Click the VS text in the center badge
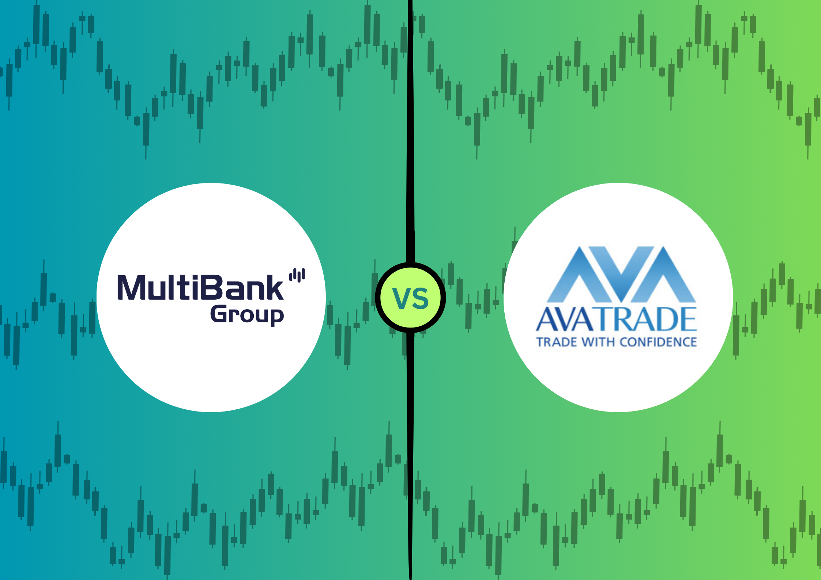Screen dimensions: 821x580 [x=410, y=298]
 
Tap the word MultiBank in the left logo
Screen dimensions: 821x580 [x=200, y=287]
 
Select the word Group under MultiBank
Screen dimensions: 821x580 [x=247, y=315]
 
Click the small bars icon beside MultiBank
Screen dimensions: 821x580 [x=297, y=276]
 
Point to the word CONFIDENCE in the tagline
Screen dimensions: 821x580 [x=658, y=342]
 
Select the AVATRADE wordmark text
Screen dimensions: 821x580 [x=617, y=319]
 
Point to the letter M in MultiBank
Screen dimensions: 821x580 [x=132, y=288]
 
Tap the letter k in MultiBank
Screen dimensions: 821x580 [x=273, y=287]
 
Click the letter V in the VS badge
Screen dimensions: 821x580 [x=401, y=298]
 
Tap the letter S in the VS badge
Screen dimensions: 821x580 [x=421, y=298]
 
